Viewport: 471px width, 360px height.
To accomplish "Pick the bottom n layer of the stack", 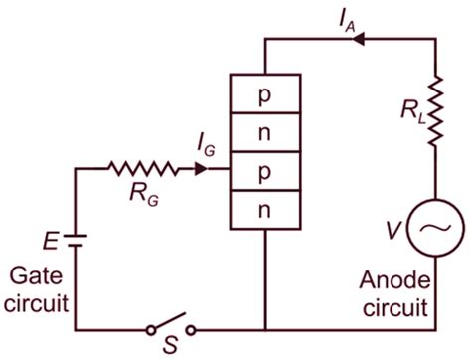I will [264, 210].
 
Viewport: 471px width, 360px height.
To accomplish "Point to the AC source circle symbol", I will [435, 228].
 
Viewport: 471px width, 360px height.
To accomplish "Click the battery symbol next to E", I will [76, 239].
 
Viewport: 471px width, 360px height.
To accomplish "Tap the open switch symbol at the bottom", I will [170, 326].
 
